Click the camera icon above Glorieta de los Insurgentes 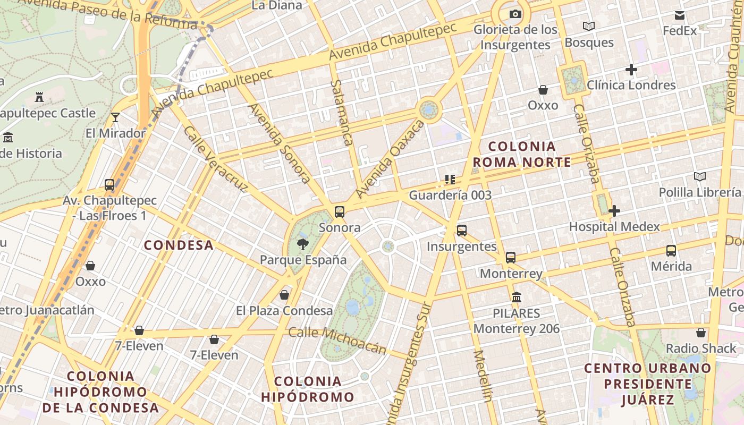[515, 14]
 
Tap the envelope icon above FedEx [680, 15]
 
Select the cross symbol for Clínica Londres [631, 70]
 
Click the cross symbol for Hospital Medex [614, 211]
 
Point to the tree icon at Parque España [302, 244]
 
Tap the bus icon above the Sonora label [340, 212]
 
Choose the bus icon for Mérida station [671, 251]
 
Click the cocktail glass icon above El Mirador [115, 117]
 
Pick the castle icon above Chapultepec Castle [39, 97]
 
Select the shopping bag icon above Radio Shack [701, 333]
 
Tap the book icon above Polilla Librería [700, 177]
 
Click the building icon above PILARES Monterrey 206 [516, 297]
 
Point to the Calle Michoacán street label [337, 341]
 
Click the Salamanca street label [342, 113]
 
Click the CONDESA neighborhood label [179, 245]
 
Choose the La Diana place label [276, 5]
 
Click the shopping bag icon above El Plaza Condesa [284, 295]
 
